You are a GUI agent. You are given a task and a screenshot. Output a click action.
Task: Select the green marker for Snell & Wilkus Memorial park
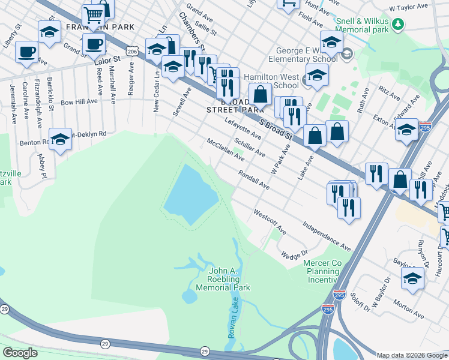tap(398, 24)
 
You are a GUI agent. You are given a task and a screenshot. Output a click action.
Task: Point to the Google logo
tap(20, 352)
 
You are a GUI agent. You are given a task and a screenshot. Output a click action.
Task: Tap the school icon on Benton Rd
tap(60, 140)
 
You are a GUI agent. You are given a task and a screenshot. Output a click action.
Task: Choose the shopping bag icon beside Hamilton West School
tap(261, 94)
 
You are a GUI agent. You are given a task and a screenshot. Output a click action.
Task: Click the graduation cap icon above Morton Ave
tap(412, 278)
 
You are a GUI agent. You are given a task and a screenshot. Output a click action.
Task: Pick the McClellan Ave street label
tap(226, 150)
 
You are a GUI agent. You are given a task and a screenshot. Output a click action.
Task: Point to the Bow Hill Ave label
tap(79, 102)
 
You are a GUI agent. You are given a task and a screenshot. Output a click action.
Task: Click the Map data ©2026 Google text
tap(412, 355)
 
